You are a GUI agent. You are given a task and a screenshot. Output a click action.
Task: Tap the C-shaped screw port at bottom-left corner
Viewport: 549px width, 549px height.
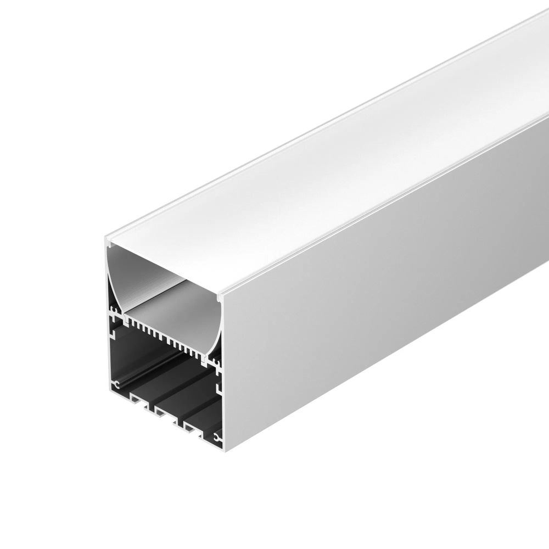[x=117, y=385]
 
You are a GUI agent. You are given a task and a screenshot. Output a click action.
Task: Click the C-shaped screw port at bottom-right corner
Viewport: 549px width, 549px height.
[x=217, y=438]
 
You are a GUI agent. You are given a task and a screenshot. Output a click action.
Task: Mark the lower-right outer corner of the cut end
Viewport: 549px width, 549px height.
[x=224, y=451]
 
